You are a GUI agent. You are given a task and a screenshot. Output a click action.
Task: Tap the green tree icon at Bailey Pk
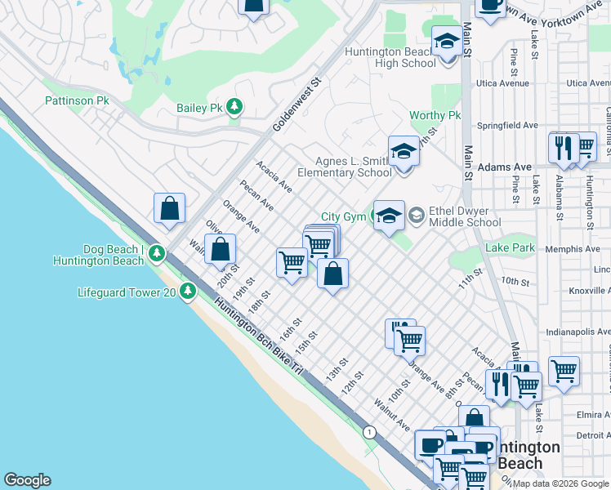(x=235, y=108)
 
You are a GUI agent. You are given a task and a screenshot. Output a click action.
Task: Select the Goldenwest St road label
(x=298, y=106)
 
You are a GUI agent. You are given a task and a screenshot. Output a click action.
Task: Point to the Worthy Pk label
(x=435, y=116)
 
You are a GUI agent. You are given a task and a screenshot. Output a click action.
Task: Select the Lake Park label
(x=510, y=247)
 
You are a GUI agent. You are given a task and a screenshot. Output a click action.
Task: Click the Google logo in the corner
(x=27, y=480)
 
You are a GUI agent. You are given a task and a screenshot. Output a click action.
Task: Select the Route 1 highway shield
(x=370, y=430)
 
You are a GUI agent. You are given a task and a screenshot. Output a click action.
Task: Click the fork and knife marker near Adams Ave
(x=563, y=148)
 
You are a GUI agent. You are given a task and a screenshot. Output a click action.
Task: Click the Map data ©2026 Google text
(x=560, y=483)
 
